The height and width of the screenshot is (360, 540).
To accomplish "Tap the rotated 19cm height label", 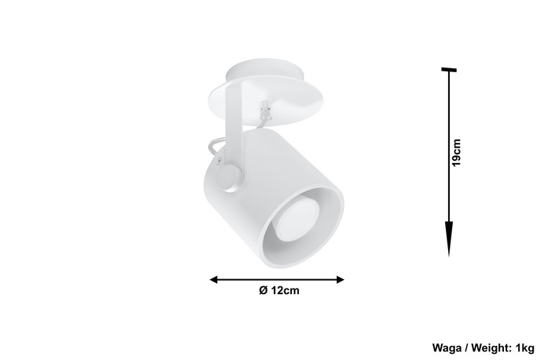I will click(456, 153).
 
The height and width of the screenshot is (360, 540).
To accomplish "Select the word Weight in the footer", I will click(488, 346).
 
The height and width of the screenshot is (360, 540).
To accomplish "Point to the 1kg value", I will click(524, 346).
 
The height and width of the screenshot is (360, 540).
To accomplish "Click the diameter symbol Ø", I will click(263, 291).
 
